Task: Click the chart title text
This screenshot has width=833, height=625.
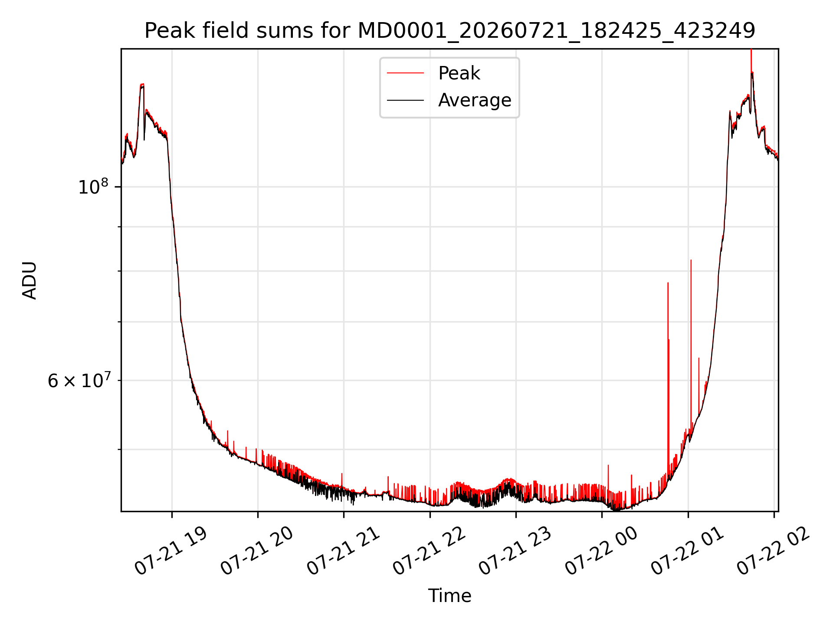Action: [x=449, y=31]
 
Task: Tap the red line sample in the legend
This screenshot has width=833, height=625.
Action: [x=405, y=73]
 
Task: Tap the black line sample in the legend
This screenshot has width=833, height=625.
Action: [x=405, y=100]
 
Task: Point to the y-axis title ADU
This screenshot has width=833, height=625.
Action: [x=30, y=280]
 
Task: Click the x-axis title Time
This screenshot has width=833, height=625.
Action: [x=449, y=596]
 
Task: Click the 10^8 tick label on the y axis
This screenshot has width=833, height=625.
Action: [x=92, y=187]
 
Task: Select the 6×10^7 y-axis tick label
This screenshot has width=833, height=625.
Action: [x=78, y=380]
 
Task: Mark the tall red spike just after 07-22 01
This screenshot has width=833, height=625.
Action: [x=691, y=347]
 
